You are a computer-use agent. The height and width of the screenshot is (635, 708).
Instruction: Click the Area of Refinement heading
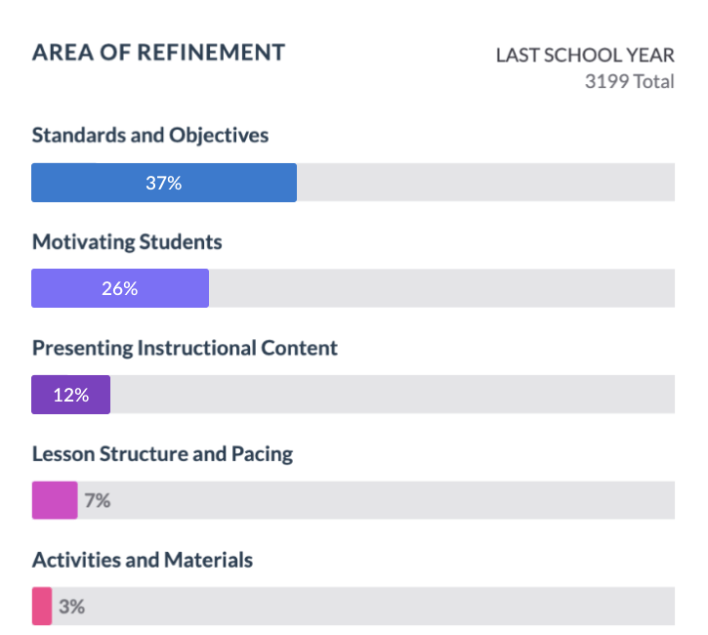(158, 53)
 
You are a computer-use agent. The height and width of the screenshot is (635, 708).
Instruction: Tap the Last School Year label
(584, 56)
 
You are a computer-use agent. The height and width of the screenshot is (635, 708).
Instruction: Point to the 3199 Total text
(629, 81)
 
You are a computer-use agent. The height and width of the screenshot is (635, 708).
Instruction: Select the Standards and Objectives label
(149, 135)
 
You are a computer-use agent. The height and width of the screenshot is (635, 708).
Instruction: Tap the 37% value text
(164, 183)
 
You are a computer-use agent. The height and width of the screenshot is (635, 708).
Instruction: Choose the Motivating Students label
(127, 241)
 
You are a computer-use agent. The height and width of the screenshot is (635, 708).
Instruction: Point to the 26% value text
(120, 288)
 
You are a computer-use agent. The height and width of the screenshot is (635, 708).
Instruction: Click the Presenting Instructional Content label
(185, 348)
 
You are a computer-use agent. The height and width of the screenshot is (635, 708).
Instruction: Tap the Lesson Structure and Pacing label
(162, 454)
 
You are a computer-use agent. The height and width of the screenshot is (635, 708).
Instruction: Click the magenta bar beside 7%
(55, 500)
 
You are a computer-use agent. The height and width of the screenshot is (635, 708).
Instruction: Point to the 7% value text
(97, 501)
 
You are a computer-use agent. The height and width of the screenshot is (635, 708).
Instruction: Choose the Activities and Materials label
(143, 561)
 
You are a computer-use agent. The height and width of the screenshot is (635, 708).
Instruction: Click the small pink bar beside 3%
(42, 606)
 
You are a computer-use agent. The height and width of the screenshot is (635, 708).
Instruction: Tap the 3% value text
(72, 607)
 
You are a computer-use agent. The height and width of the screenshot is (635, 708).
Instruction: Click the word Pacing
(262, 454)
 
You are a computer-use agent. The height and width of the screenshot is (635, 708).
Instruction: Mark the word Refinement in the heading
(213, 53)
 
